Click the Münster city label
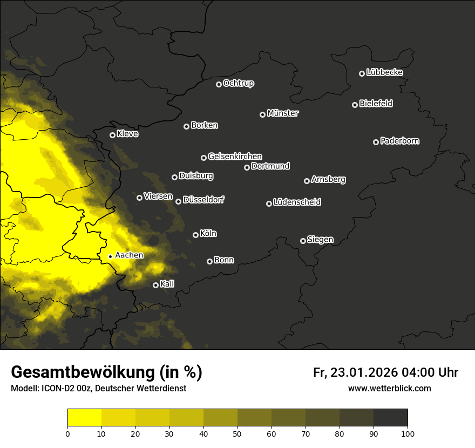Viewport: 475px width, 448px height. tap(283, 113)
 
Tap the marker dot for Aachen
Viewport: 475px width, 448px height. tap(110, 256)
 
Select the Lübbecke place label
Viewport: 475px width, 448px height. tap(384, 72)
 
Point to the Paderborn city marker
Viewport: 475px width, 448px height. tap(376, 142)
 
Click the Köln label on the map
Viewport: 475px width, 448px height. tap(208, 234)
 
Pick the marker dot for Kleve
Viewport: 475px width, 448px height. tap(112, 135)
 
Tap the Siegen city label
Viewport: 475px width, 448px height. tap(320, 240)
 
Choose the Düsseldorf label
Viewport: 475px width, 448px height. tap(203, 200)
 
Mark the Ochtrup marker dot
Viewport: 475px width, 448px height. tap(219, 84)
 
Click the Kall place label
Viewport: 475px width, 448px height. tap(167, 284)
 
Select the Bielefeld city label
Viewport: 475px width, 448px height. tap(376, 104)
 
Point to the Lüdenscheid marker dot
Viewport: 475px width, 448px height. tap(269, 203)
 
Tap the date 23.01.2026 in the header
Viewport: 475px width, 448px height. tap(362, 372)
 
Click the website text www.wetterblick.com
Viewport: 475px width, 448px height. tap(389, 388)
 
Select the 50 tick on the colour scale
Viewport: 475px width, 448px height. tap(237, 433)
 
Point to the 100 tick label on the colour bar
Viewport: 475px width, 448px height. tap(408, 433)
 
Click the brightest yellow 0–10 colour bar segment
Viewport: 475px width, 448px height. tap(85, 418)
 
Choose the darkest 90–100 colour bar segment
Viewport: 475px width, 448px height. tap(390, 418)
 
